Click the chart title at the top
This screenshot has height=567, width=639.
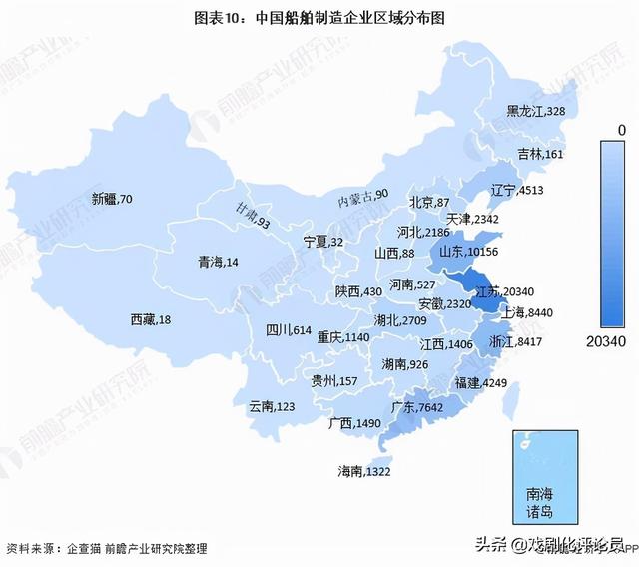pos(319,17)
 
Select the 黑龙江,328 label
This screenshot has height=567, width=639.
pos(535,111)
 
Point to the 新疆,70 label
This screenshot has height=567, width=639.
pos(111,199)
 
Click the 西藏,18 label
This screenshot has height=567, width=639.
pos(151,319)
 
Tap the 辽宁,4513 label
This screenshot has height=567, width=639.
pos(517,190)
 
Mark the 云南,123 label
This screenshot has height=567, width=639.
pos(272,406)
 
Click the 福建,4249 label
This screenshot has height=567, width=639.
pos(481,382)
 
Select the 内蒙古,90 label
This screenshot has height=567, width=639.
pos(362,195)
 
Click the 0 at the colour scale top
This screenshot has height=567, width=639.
pos(621,130)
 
